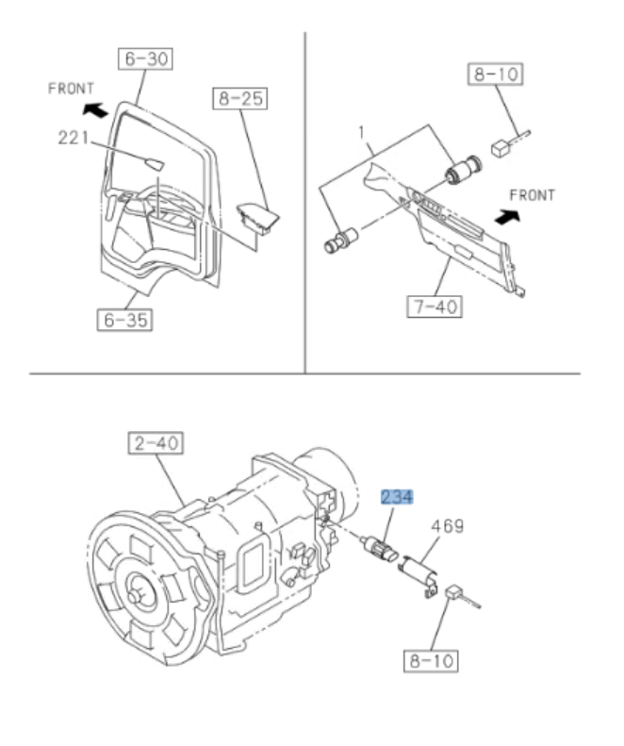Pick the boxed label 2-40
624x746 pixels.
(156, 441)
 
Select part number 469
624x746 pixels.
(448, 525)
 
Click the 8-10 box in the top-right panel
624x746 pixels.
(495, 75)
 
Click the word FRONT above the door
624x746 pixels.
(72, 87)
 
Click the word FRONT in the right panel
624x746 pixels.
(533, 196)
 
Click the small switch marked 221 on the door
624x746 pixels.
(152, 163)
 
